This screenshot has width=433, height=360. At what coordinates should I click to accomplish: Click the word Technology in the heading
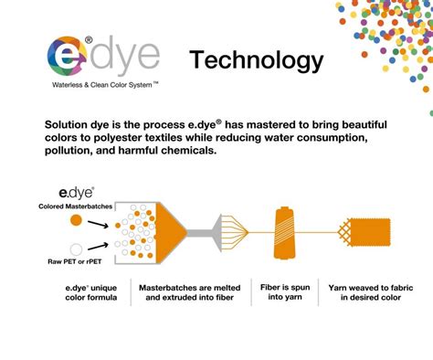(256, 60)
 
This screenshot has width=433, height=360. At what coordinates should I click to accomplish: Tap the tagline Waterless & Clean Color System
(105, 84)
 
